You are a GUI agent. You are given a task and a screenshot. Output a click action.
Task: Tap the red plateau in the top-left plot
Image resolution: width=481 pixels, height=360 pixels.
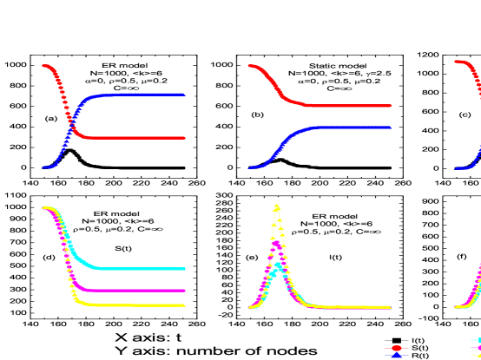(139, 138)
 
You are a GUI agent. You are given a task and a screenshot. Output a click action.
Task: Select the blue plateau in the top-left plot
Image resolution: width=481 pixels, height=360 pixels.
(139, 95)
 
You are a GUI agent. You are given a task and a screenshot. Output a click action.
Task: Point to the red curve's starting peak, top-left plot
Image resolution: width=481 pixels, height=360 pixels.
(44, 66)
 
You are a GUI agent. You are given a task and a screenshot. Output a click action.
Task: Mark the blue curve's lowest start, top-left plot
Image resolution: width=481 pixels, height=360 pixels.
(44, 167)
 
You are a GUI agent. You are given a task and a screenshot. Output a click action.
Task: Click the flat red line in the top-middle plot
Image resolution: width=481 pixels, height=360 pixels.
(347, 106)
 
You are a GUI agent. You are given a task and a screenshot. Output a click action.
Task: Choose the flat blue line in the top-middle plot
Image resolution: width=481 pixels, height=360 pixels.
(347, 128)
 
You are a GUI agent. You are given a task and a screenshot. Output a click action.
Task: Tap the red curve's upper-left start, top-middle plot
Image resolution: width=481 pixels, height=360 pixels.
(251, 66)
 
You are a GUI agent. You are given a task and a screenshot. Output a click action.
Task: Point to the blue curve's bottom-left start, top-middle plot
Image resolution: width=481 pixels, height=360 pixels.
(251, 167)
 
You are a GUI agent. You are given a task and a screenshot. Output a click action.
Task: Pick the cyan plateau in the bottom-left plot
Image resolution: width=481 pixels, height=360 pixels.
(139, 269)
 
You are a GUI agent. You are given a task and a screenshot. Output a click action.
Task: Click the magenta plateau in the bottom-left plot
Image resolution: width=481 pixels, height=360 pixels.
(139, 291)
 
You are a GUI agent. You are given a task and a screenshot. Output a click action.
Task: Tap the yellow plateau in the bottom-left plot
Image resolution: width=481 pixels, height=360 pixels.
(139, 305)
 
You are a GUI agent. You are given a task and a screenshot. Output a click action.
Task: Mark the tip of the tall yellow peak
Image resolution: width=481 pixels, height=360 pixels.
(276, 206)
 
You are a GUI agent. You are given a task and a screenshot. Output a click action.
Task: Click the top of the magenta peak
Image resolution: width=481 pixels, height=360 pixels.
(276, 244)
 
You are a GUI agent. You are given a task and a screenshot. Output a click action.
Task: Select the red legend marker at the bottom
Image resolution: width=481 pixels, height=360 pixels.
(397, 348)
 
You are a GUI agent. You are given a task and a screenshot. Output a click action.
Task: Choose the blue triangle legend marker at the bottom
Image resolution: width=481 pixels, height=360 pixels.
(397, 356)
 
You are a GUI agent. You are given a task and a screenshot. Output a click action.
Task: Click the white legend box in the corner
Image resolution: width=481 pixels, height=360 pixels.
(474, 347)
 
